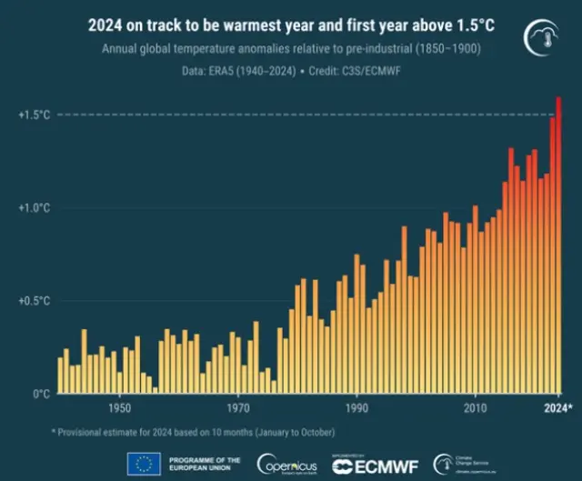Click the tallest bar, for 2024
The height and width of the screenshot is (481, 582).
[x=558, y=246]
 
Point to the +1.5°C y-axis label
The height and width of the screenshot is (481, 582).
[x=34, y=115]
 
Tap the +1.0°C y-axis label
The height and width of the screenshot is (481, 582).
[x=34, y=208]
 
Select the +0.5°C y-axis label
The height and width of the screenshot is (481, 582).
[x=34, y=301]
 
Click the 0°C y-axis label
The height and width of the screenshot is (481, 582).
[x=40, y=394]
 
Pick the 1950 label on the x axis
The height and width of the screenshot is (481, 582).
[x=119, y=408]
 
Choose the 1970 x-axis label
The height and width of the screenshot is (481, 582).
[x=238, y=408]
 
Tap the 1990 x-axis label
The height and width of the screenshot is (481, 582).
[x=356, y=408]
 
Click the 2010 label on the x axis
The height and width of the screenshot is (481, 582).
[x=475, y=408]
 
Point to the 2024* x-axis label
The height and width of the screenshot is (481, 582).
[x=557, y=408]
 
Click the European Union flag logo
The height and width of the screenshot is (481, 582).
[x=145, y=464]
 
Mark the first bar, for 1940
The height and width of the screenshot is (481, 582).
[x=61, y=376]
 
